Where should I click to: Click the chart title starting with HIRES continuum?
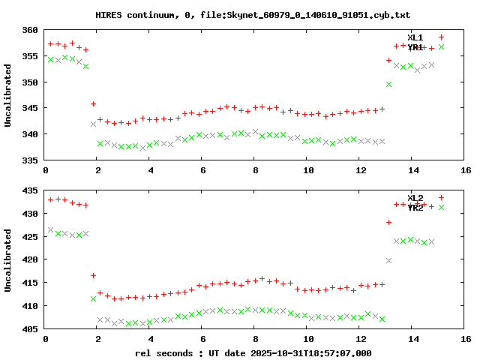(253, 15)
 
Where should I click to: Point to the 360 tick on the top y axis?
(30, 30)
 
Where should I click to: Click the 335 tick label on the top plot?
(30, 160)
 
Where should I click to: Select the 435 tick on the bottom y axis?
(30, 190)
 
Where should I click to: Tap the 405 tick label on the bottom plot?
(30, 329)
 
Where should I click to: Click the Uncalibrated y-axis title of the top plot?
(8, 95)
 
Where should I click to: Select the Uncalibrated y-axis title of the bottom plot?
(8, 260)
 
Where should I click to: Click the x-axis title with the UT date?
(253, 352)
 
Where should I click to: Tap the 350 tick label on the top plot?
(30, 82)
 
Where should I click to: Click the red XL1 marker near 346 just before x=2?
(93, 103)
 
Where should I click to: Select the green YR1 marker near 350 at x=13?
(388, 84)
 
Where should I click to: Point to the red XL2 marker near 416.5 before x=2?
(93, 275)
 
